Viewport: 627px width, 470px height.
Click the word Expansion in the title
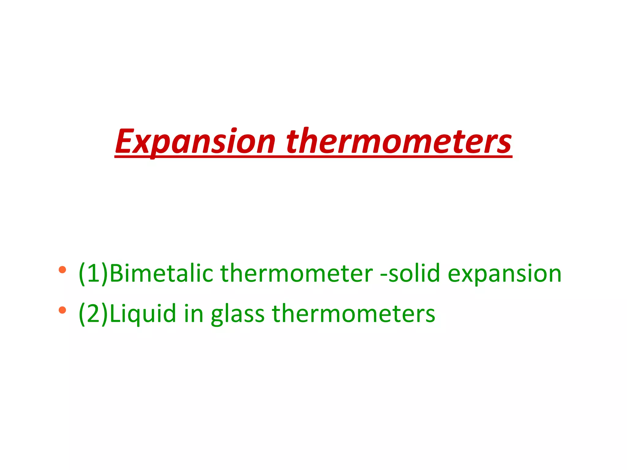pyautogui.click(x=195, y=141)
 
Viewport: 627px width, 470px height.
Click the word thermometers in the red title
pyautogui.click(x=399, y=141)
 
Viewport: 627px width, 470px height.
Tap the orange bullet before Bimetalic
pyautogui.click(x=62, y=270)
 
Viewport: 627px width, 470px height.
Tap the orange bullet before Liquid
pyautogui.click(x=62, y=310)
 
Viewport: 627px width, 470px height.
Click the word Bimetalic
pyautogui.click(x=161, y=273)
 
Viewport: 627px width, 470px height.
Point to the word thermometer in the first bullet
pyautogui.click(x=296, y=273)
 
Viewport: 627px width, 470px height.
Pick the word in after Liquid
pyautogui.click(x=193, y=314)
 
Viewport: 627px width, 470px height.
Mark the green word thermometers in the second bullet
pyautogui.click(x=353, y=314)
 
